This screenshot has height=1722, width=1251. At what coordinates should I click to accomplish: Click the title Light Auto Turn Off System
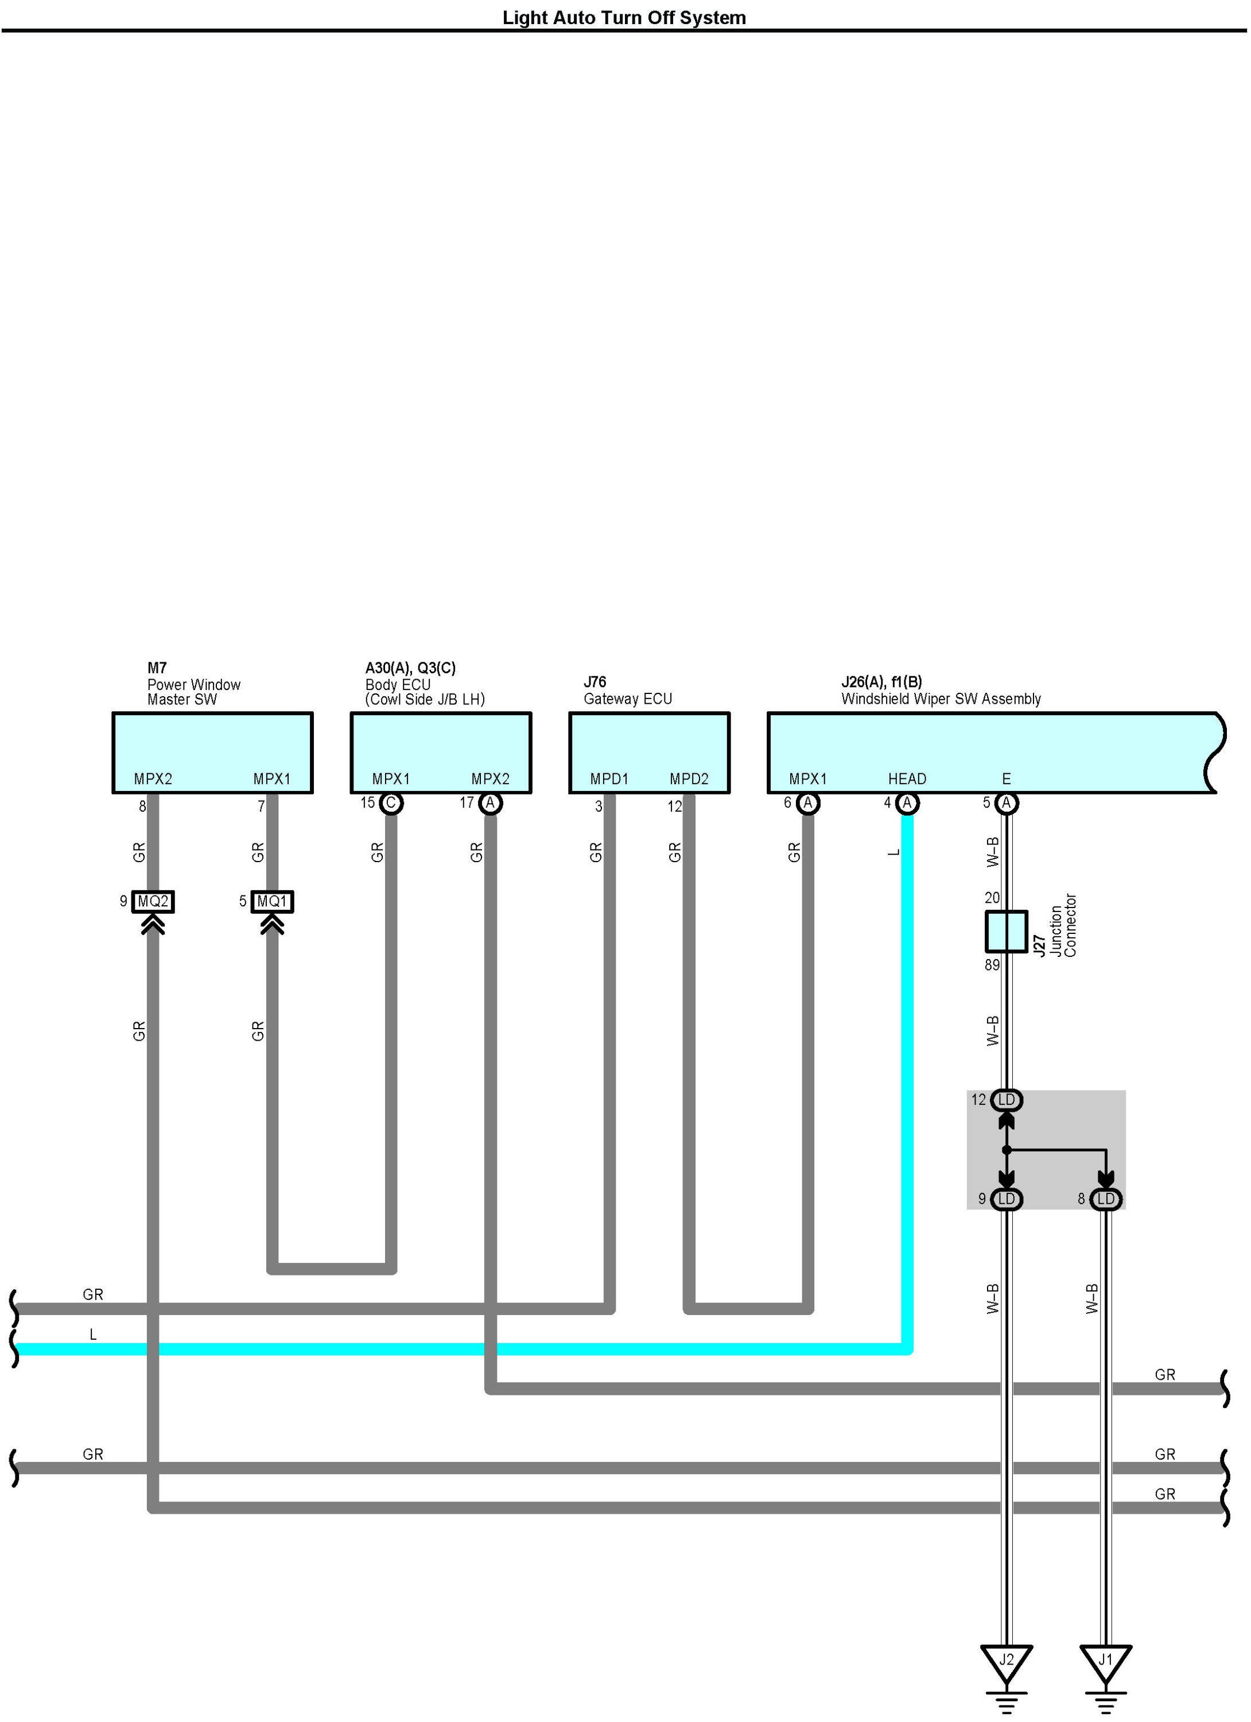click(624, 17)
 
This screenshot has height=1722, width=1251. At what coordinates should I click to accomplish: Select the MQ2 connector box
click(153, 901)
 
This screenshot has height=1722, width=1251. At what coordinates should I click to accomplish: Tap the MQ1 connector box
click(272, 901)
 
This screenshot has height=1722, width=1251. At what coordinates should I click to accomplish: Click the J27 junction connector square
click(1006, 932)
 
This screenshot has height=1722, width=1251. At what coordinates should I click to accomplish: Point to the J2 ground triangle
click(1006, 1662)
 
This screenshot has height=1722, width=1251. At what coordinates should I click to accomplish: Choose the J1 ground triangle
click(1105, 1662)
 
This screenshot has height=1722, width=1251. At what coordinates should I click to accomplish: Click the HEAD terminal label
click(907, 779)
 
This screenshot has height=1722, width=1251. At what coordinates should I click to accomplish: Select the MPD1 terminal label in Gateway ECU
click(609, 779)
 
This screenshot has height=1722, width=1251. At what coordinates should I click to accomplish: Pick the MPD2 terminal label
click(689, 779)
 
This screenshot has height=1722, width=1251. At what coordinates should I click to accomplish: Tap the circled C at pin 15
click(391, 803)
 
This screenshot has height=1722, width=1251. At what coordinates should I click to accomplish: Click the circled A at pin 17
click(491, 803)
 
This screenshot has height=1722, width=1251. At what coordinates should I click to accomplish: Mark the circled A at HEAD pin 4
click(907, 803)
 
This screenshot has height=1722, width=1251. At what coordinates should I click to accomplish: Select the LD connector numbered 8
click(1106, 1199)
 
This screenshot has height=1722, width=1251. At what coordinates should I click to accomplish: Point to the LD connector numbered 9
click(1007, 1199)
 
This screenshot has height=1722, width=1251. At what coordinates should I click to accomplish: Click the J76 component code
click(595, 682)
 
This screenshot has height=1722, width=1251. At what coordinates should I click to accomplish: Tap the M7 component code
click(156, 668)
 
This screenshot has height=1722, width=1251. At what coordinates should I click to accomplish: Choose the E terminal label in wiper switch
click(1007, 779)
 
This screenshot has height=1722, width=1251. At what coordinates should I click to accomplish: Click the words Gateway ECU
click(628, 699)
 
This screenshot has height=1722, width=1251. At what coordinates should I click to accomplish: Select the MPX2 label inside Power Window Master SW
click(153, 779)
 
